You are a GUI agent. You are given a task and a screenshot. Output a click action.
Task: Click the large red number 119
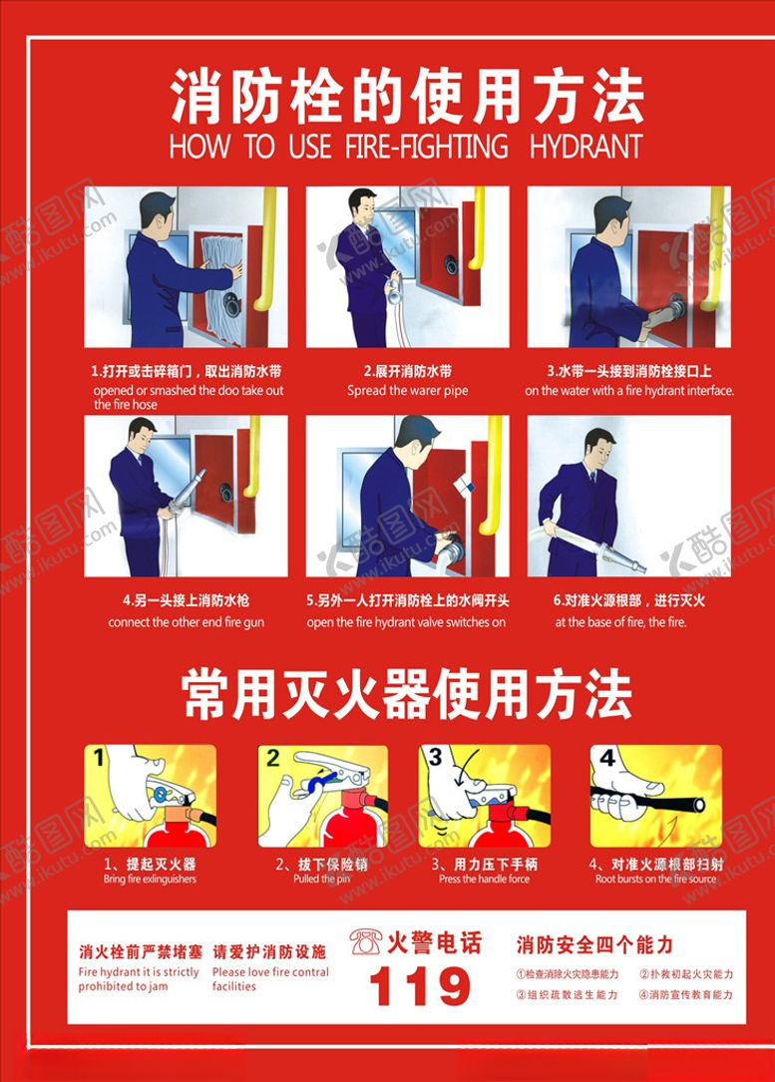tap(419, 987)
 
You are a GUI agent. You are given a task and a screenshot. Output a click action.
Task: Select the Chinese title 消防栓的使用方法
tap(407, 97)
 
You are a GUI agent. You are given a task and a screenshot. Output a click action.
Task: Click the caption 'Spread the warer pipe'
tap(407, 391)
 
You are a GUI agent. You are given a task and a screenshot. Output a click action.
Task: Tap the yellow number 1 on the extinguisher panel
tap(98, 758)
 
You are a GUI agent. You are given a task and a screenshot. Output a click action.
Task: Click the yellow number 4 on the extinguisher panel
tap(607, 758)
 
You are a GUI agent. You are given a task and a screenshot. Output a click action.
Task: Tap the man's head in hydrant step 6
tap(598, 446)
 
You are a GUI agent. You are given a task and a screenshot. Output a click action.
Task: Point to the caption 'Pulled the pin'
tap(322, 880)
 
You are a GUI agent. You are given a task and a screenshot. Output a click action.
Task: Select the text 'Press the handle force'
tap(484, 880)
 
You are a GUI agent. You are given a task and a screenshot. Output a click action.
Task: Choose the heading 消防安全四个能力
tap(594, 943)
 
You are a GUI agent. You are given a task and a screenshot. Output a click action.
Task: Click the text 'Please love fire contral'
tap(270, 972)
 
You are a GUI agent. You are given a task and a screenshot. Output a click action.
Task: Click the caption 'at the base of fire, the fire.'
tap(620, 622)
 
